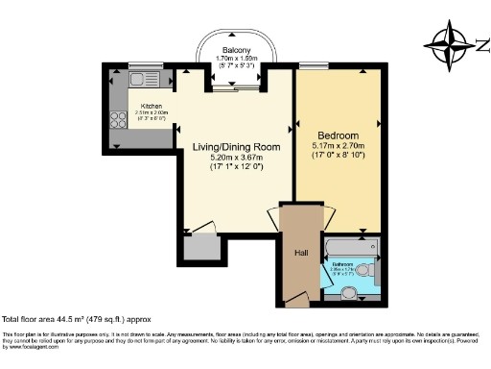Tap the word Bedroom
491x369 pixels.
339,135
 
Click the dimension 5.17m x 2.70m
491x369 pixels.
339,146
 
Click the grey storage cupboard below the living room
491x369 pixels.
200,249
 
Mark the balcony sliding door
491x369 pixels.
237,88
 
